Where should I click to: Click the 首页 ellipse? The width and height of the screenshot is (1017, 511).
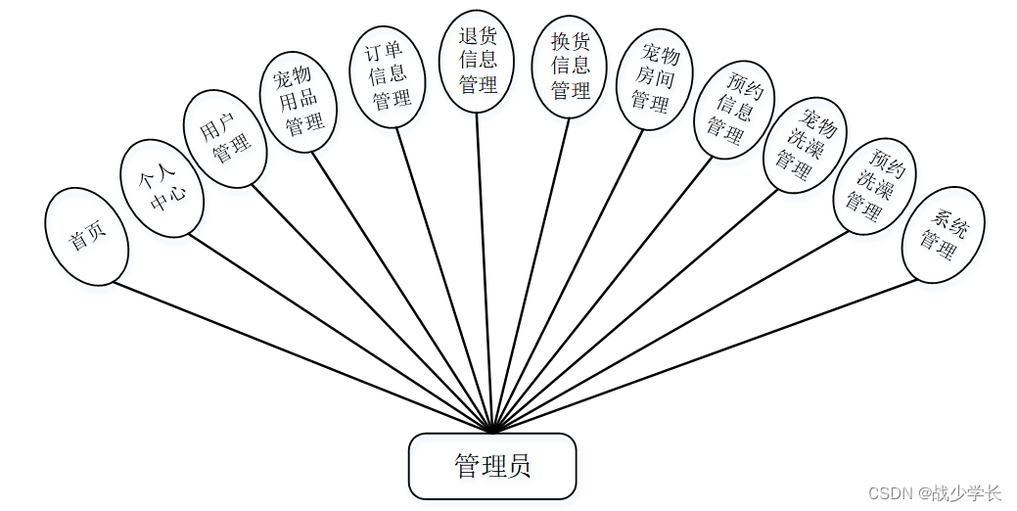(86, 237)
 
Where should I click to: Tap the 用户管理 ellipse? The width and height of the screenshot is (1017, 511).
(224, 138)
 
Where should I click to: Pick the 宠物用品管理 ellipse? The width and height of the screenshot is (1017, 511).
(298, 101)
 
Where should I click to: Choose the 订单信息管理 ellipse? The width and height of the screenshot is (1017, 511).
(387, 75)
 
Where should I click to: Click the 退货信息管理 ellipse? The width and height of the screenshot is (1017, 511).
(477, 61)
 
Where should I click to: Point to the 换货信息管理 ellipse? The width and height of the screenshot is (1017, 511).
(571, 67)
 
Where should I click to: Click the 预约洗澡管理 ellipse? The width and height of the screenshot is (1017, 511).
(874, 189)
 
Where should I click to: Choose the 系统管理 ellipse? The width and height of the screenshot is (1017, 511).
(943, 235)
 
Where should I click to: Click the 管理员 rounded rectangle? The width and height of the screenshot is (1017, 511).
(491, 466)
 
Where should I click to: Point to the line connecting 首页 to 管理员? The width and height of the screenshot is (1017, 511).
(303, 358)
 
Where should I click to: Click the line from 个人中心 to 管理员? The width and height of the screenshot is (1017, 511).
(343, 334)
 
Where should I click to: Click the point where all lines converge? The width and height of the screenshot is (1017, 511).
(492, 432)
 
